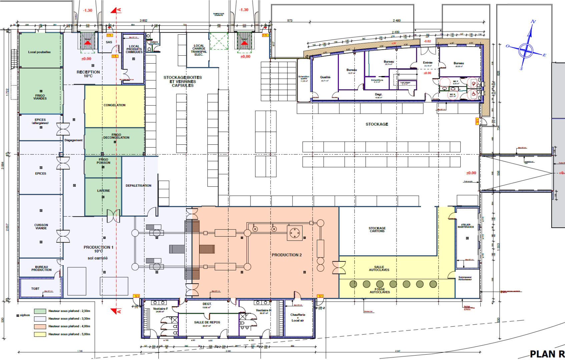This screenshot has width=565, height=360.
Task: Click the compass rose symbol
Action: [526, 50]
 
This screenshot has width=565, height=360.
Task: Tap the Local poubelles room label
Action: [39, 52]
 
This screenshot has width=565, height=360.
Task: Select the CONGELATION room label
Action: [114, 105]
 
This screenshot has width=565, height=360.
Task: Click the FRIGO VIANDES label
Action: [40, 97]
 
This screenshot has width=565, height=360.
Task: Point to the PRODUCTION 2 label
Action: [287, 255]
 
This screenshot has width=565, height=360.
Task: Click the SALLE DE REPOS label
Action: [207, 322]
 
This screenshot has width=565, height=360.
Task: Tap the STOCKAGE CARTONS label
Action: [377, 230]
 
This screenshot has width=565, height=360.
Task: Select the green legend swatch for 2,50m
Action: [40, 311]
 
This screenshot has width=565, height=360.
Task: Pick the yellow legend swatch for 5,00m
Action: [40, 334]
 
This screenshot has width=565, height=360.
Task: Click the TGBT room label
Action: [35, 289]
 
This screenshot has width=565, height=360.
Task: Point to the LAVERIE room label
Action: [103, 191]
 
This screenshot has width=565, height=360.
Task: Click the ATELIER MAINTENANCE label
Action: [466, 226]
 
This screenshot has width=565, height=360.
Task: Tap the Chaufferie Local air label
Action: [298, 317]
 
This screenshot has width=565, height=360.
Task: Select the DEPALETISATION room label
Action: [138, 186]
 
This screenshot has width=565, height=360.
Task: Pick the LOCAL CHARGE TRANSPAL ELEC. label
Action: [199, 50]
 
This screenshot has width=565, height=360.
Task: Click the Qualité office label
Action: [325, 77]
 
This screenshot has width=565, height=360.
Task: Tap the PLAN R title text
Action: [547, 354]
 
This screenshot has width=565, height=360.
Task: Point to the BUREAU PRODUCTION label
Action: [41, 268]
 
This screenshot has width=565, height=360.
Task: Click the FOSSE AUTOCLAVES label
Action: [380, 291]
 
